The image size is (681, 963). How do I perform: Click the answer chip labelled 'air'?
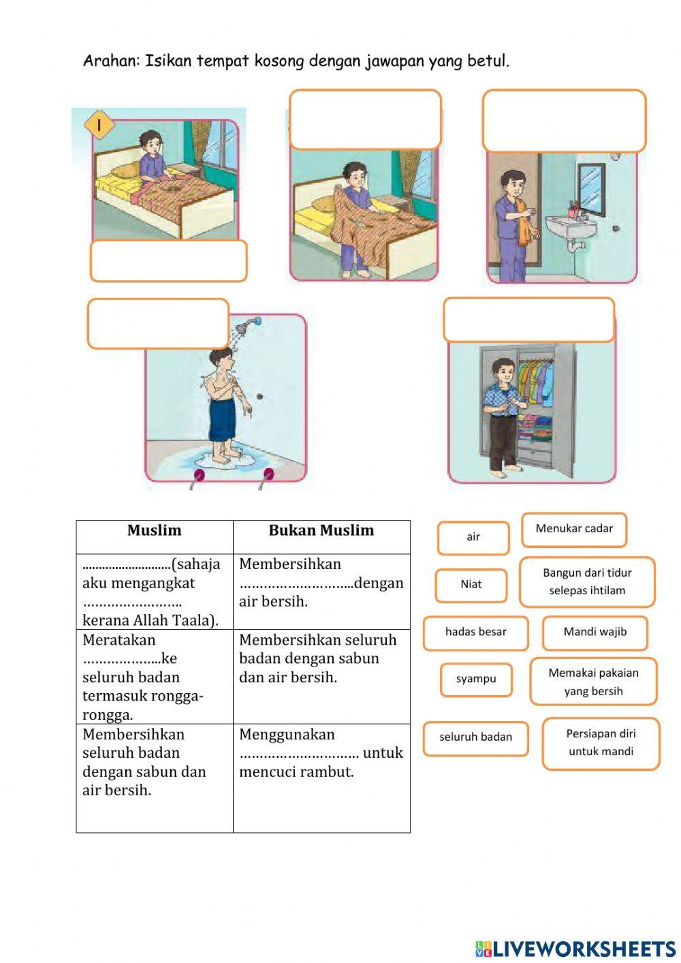pyautogui.click(x=473, y=538)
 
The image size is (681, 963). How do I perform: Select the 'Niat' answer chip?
pyautogui.click(x=471, y=585)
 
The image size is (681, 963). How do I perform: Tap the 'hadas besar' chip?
pyautogui.click(x=475, y=632)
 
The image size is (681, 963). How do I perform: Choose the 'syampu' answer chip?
pyautogui.click(x=476, y=679)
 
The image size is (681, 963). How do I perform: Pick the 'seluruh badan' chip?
pyautogui.click(x=475, y=738)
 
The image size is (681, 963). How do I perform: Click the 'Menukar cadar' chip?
pyautogui.click(x=574, y=530)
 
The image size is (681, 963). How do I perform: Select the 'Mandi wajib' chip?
pyautogui.click(x=595, y=632)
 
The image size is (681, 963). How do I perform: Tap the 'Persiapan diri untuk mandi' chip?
pyautogui.click(x=601, y=744)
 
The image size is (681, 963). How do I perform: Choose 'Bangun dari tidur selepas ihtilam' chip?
pyautogui.click(x=587, y=582)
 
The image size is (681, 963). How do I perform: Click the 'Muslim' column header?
pyautogui.click(x=155, y=531)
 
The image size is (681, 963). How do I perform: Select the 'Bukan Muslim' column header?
pyautogui.click(x=321, y=531)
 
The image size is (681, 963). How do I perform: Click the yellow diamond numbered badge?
pyautogui.click(x=99, y=126)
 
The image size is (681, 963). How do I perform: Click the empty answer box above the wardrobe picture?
pyautogui.click(x=528, y=320)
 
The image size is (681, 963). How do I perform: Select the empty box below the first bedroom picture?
pyautogui.click(x=168, y=261)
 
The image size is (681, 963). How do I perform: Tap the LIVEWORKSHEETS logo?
pyautogui.click(x=575, y=949)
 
